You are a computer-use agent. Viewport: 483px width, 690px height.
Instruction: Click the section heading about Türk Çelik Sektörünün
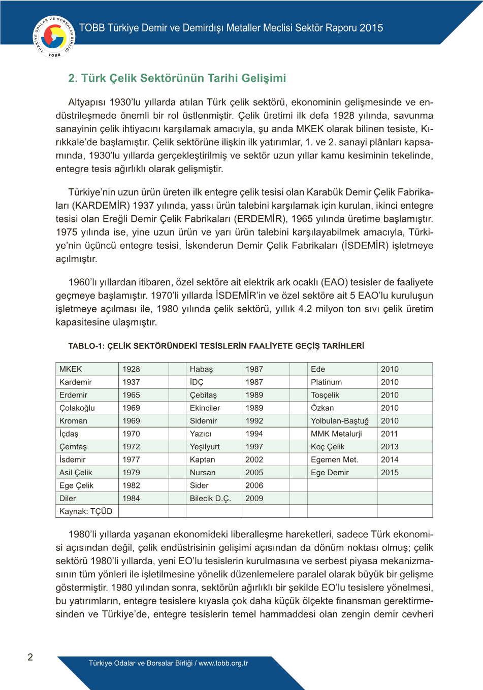pyautogui.click(x=177, y=78)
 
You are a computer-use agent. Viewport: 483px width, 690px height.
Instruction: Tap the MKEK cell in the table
pyautogui.click(x=71, y=369)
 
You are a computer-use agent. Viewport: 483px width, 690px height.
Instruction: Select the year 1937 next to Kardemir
pyautogui.click(x=131, y=382)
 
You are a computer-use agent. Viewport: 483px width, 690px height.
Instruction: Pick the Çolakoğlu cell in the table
pyautogui.click(x=77, y=408)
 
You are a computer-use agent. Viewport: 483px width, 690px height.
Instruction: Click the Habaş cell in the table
pyautogui.click(x=201, y=369)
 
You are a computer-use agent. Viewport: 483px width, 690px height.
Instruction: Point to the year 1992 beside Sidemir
pyautogui.click(x=254, y=421)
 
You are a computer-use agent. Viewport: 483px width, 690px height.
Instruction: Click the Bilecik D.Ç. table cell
pyautogui.click(x=210, y=499)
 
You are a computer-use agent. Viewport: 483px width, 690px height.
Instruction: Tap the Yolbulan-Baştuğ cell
pyautogui.click(x=340, y=421)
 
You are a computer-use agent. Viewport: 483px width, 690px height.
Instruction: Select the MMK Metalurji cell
pyautogui.click(x=336, y=434)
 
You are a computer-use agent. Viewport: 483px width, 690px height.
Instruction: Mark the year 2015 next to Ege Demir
pyautogui.click(x=390, y=473)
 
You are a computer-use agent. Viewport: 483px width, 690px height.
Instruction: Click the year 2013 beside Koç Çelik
pyautogui.click(x=390, y=447)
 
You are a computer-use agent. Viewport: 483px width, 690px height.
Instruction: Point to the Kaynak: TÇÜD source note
pyautogui.click(x=86, y=511)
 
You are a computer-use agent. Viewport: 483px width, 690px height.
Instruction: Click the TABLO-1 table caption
pyautogui.click(x=216, y=346)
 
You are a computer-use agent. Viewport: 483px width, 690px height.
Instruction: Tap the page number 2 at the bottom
pyautogui.click(x=30, y=657)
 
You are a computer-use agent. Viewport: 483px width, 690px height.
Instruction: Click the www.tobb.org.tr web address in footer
pyautogui.click(x=223, y=663)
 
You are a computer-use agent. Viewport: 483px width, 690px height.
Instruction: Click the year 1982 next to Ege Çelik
pyautogui.click(x=131, y=485)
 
